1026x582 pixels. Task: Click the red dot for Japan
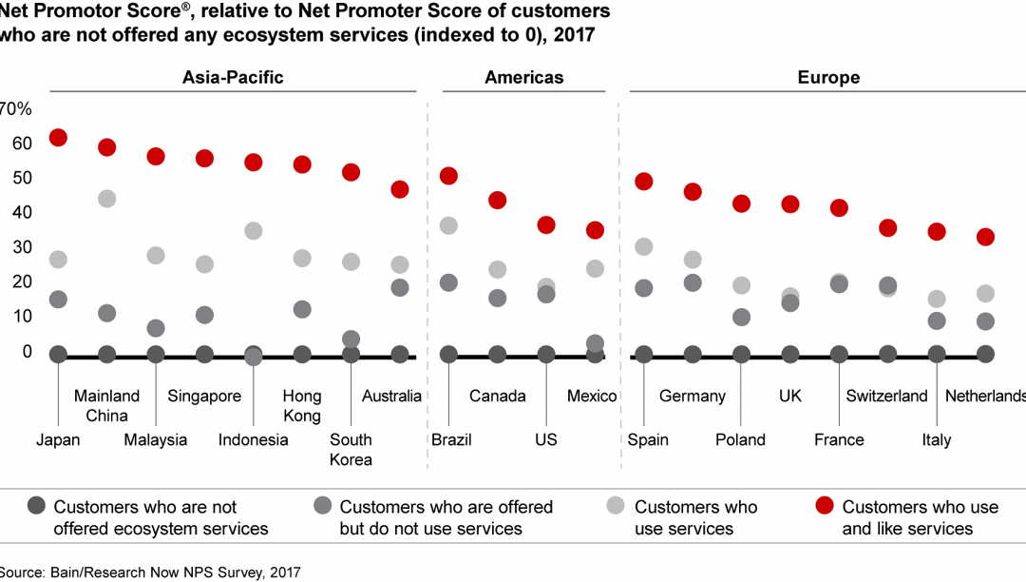coord(58,138)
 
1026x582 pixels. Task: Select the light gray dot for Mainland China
coord(107,199)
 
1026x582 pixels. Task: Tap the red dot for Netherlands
coord(985,237)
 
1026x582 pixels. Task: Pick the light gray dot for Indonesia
coord(253,231)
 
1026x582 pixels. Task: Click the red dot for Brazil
coord(448,176)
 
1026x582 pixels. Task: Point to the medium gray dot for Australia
coord(400,287)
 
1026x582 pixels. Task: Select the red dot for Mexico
coord(595,230)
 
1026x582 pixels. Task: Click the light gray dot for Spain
coord(644,247)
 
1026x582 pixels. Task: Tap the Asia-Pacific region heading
coord(233,78)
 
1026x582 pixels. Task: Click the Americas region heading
coord(523,78)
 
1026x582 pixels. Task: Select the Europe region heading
coord(828,78)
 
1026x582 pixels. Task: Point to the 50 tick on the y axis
coord(21,178)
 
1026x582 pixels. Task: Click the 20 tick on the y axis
coord(21,282)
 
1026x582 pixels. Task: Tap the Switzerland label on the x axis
coord(886,397)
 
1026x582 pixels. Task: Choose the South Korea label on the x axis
coord(351,450)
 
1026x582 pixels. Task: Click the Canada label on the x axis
coord(498,397)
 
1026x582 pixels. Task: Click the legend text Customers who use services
coord(695,517)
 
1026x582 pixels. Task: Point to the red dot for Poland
coord(741,204)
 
